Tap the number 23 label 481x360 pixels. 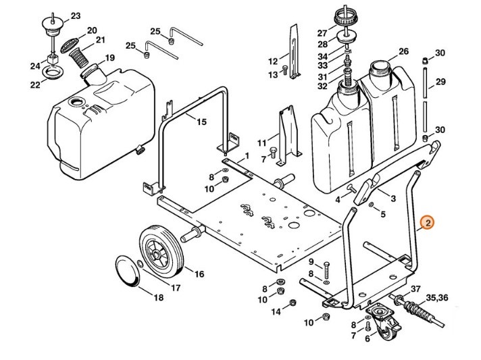tap(75, 15)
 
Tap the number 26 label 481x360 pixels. tap(404, 51)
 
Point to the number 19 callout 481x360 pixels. tap(109, 57)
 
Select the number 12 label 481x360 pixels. tap(273, 61)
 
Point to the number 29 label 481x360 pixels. tap(440, 82)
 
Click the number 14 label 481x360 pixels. tap(276, 311)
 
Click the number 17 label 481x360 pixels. tap(176, 288)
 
